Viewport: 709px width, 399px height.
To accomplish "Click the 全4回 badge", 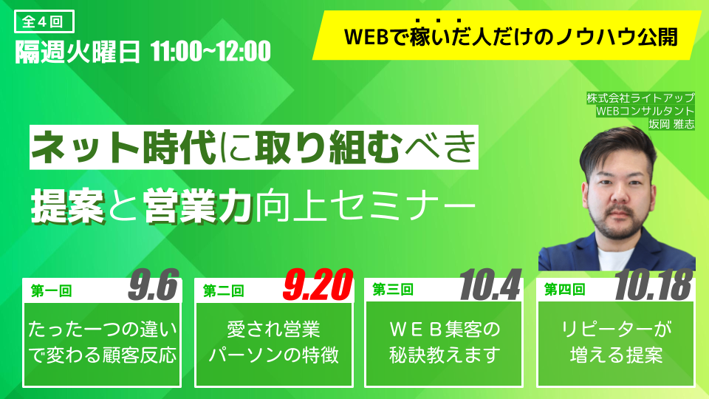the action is [44, 21].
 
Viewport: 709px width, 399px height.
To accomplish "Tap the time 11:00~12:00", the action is [210, 51].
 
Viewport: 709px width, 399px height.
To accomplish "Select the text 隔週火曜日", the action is [78, 52].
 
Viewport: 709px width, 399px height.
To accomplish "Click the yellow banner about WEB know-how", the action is [507, 35].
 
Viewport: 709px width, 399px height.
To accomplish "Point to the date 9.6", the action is [154, 285].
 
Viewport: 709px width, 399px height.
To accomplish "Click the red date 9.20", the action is [318, 285].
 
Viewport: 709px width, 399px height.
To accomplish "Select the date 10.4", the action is [490, 285].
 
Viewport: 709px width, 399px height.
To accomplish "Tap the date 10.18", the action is [654, 285].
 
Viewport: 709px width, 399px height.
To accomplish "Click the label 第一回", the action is [51, 291].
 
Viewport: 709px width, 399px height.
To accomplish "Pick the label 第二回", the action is [223, 291].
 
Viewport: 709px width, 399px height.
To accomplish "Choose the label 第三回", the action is [393, 290].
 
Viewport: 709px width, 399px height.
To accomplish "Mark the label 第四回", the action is [565, 290].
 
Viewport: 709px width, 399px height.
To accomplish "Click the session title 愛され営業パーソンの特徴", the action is [273, 342].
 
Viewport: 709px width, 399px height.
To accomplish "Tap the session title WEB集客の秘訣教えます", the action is [445, 342].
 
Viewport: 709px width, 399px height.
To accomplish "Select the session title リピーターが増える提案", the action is [616, 342].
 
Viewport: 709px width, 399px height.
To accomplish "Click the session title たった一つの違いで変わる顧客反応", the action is [102, 342].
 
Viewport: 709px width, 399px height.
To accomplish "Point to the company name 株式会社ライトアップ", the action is [640, 98].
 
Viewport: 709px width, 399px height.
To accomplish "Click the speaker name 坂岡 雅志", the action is [671, 124].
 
